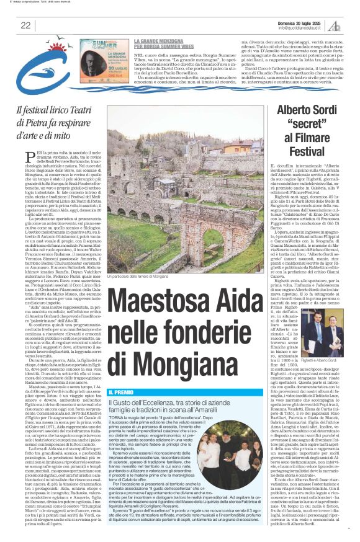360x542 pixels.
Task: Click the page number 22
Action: click(x=25, y=25)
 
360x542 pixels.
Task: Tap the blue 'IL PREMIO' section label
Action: click(x=120, y=376)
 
